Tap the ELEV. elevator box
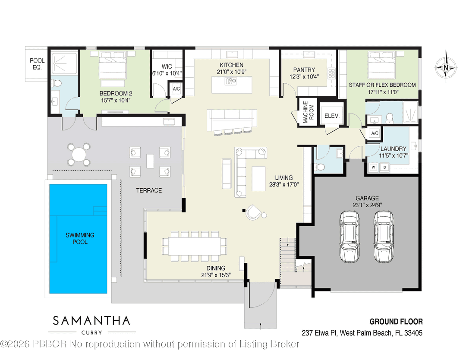click(x=332, y=116)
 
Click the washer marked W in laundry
click(x=372, y=167)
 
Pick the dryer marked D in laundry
click(x=384, y=167)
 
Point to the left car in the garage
click(x=349, y=237)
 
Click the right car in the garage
click(x=384, y=237)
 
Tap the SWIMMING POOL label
click(x=80, y=238)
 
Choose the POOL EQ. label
click(x=37, y=64)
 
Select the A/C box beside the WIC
click(x=176, y=89)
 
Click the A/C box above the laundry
click(x=374, y=133)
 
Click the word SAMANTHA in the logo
click(x=91, y=321)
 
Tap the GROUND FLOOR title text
click(x=396, y=322)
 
